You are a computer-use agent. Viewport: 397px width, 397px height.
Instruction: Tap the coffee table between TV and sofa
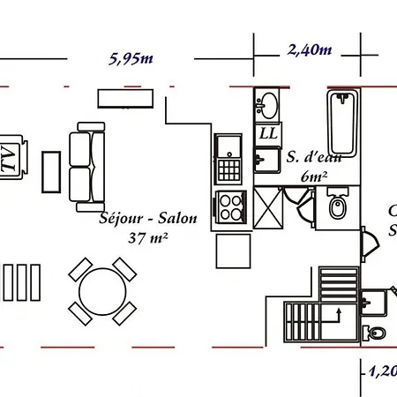point(52,170)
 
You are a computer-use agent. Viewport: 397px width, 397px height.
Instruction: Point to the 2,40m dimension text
point(309,50)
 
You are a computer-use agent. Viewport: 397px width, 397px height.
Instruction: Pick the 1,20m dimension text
point(381,371)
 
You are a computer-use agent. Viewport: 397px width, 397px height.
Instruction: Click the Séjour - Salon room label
point(149,219)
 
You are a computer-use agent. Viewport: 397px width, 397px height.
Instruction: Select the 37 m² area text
point(148,237)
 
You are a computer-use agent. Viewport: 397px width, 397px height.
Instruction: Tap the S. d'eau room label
point(315,157)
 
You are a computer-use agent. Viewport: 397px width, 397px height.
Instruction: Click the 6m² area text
point(314,176)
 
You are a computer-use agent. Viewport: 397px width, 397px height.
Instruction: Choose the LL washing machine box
point(267,133)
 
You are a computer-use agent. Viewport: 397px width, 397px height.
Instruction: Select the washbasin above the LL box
point(266,105)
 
